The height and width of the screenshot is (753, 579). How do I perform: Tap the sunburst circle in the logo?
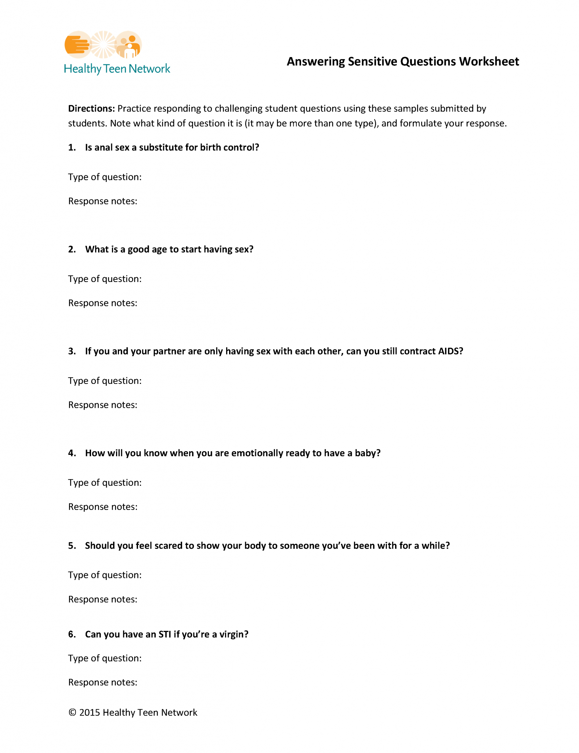pyautogui.click(x=103, y=44)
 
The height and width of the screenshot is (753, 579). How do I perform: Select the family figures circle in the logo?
pyautogui.click(x=128, y=44)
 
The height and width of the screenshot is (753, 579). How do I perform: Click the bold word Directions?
pyautogui.click(x=91, y=108)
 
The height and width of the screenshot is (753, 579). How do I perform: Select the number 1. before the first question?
pyautogui.click(x=72, y=147)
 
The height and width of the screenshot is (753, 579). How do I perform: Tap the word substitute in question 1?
pyautogui.click(x=160, y=147)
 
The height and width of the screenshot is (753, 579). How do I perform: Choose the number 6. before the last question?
pyautogui.click(x=72, y=634)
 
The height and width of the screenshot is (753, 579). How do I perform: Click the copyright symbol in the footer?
pyautogui.click(x=72, y=713)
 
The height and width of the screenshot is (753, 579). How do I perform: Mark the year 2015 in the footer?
pyautogui.click(x=90, y=713)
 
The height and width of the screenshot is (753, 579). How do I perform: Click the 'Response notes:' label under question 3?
pyautogui.click(x=103, y=405)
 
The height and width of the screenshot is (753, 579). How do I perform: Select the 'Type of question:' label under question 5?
pyautogui.click(x=105, y=575)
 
